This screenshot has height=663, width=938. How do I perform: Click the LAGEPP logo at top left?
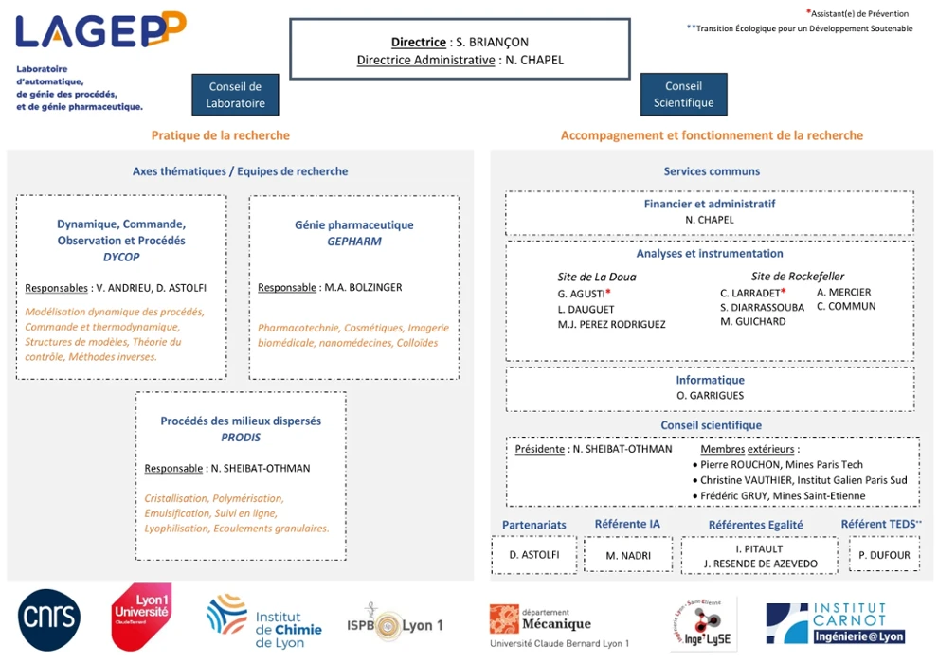99,30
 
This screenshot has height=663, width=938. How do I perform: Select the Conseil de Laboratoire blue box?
235,95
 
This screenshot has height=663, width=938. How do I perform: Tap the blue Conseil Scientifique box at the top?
683,95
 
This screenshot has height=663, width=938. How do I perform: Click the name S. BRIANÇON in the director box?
492,43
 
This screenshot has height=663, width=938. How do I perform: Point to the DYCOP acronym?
121,257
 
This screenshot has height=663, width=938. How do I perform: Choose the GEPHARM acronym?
353,242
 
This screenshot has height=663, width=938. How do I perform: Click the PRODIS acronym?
241,438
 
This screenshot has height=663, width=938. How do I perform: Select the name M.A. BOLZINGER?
362,287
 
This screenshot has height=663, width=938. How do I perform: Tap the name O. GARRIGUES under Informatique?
710,395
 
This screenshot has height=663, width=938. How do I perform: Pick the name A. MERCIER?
843,293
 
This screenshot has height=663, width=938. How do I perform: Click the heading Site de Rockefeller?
798,277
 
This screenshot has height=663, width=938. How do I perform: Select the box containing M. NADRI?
628,555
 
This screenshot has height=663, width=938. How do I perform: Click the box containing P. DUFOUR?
883,555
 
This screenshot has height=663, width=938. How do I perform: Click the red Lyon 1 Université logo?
141,617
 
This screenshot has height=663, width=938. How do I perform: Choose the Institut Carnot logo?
836,623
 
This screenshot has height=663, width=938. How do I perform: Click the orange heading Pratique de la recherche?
221,135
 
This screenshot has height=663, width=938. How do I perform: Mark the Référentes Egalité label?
755,525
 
